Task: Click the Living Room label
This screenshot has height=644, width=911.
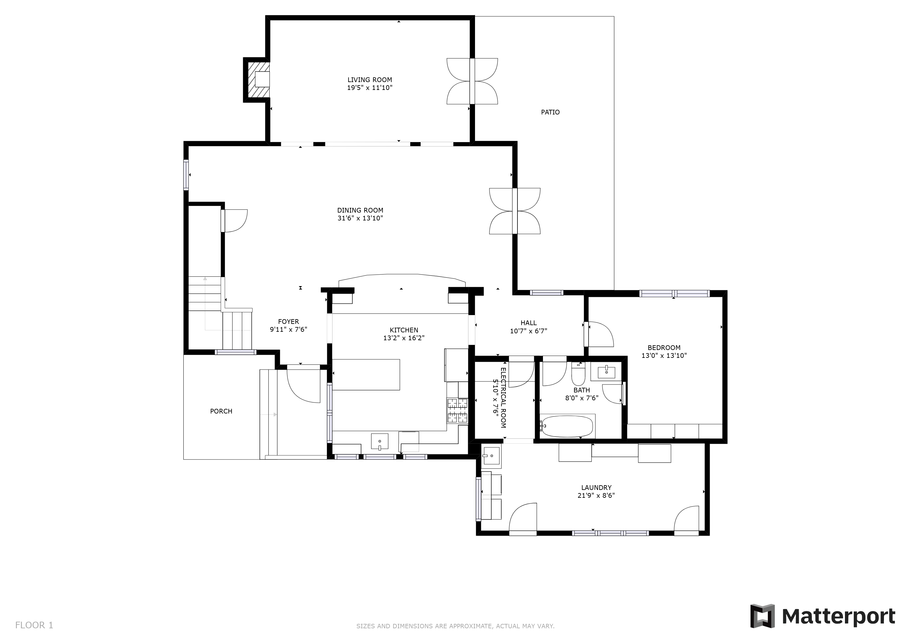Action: (x=370, y=80)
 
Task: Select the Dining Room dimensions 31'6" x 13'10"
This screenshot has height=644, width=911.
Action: (x=360, y=218)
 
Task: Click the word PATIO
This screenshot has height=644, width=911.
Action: (x=550, y=112)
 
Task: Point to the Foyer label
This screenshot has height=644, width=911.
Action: (x=288, y=322)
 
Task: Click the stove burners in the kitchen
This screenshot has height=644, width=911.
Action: (x=457, y=410)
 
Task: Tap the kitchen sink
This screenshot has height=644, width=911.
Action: (x=380, y=442)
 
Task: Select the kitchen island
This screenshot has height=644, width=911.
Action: (x=366, y=375)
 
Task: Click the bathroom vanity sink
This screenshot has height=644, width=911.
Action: (x=606, y=372)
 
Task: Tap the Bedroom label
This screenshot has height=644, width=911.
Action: (x=664, y=348)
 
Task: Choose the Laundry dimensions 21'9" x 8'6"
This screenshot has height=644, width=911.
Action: (x=596, y=495)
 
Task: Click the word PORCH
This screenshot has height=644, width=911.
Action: (x=221, y=411)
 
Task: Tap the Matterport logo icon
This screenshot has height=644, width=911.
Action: (x=762, y=616)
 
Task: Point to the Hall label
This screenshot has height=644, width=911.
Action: (x=528, y=323)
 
